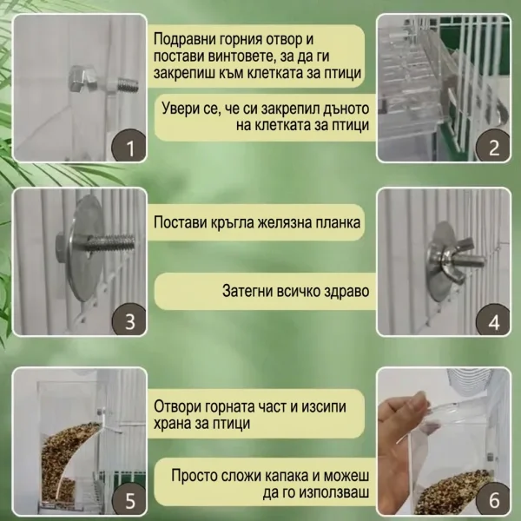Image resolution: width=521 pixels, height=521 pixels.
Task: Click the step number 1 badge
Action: (129, 147)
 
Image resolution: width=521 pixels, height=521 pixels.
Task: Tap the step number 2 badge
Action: (493, 147)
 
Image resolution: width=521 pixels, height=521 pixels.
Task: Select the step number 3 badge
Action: (129, 320)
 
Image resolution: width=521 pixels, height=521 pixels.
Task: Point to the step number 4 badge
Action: (493, 320)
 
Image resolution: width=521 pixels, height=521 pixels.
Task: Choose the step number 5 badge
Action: (129, 500)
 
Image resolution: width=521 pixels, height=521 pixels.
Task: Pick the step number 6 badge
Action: (493, 500)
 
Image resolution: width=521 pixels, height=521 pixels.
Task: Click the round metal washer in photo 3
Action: (84, 247)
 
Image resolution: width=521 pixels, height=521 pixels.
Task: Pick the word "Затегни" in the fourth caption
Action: (247, 291)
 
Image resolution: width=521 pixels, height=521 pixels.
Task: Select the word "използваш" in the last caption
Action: (334, 492)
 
